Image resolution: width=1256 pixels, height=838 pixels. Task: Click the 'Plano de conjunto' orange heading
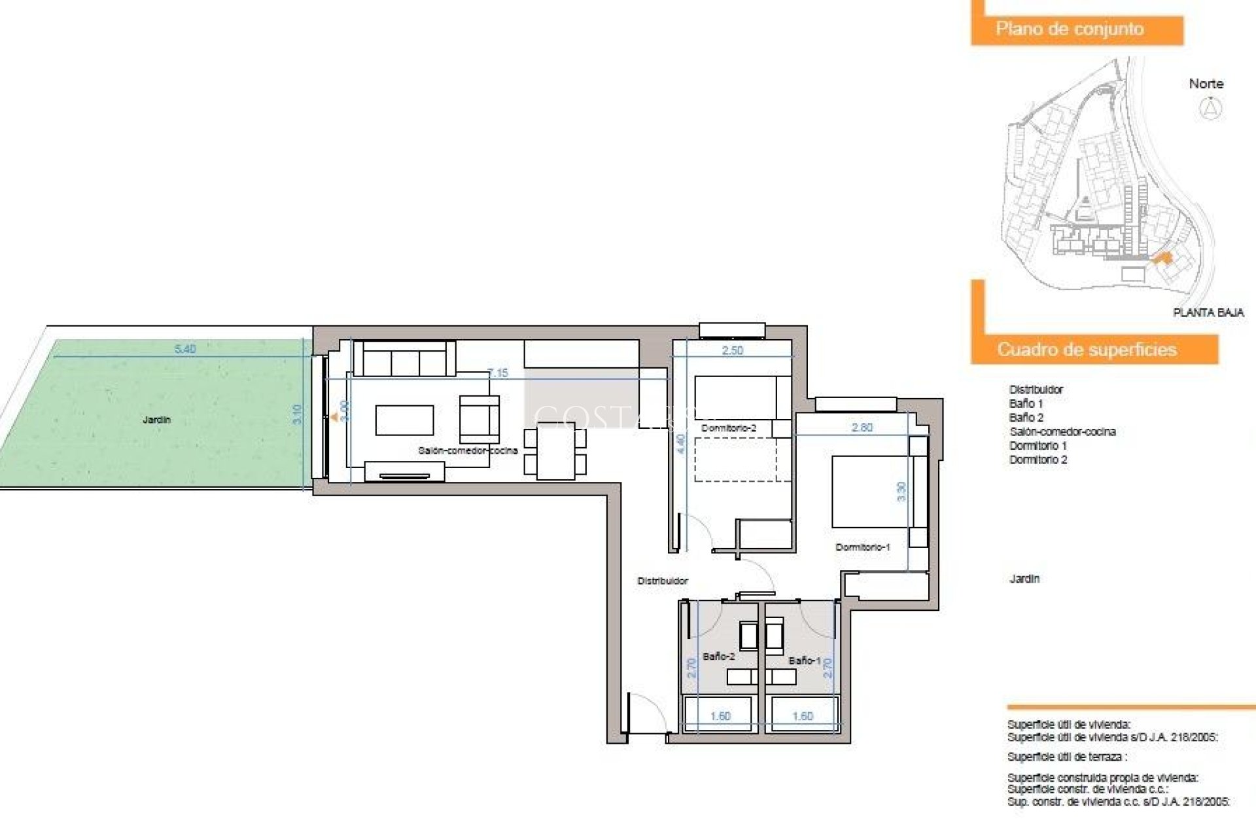click(x=1070, y=29)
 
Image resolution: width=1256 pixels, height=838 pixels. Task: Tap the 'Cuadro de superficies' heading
click(x=1087, y=350)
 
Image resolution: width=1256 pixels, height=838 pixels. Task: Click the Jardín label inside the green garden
click(x=156, y=420)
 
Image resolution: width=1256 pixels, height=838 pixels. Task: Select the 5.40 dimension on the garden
click(x=185, y=349)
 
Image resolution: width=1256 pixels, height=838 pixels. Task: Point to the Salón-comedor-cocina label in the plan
click(x=468, y=450)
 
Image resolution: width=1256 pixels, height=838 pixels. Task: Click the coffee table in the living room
click(x=404, y=420)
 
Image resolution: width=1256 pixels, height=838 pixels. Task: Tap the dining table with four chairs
click(x=555, y=452)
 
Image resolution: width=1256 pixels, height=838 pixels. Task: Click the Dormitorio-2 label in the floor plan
click(x=729, y=428)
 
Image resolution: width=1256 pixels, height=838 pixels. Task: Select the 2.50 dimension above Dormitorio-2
click(x=732, y=351)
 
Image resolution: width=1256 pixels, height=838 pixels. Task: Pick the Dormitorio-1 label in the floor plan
click(x=863, y=547)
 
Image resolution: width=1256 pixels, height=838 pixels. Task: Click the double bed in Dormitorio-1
click(x=870, y=491)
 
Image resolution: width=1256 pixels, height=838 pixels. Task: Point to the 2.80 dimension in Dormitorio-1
click(x=862, y=428)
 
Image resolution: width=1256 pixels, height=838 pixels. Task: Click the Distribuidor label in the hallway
click(x=663, y=581)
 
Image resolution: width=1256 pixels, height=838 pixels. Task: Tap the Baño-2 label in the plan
click(x=718, y=656)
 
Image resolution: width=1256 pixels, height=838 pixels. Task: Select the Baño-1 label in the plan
click(x=804, y=661)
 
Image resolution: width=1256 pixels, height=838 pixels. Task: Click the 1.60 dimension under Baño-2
click(x=720, y=716)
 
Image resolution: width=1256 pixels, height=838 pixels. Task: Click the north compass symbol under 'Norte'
click(x=1211, y=108)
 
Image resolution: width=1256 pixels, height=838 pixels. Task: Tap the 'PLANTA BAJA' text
click(x=1208, y=313)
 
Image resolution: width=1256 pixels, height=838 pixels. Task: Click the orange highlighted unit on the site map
click(x=1162, y=259)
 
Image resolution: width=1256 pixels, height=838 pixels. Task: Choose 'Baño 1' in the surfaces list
click(x=1026, y=404)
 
